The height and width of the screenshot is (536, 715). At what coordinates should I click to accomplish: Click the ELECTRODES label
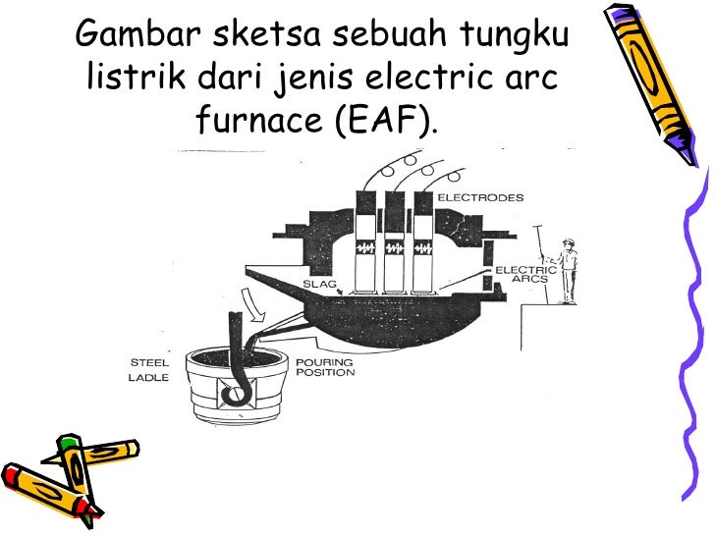(x=480, y=197)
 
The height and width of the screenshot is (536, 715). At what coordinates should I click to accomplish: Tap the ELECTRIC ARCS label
(x=525, y=274)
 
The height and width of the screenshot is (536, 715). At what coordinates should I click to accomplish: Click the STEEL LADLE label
(x=150, y=368)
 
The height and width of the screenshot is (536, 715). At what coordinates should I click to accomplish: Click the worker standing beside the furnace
(x=567, y=270)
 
